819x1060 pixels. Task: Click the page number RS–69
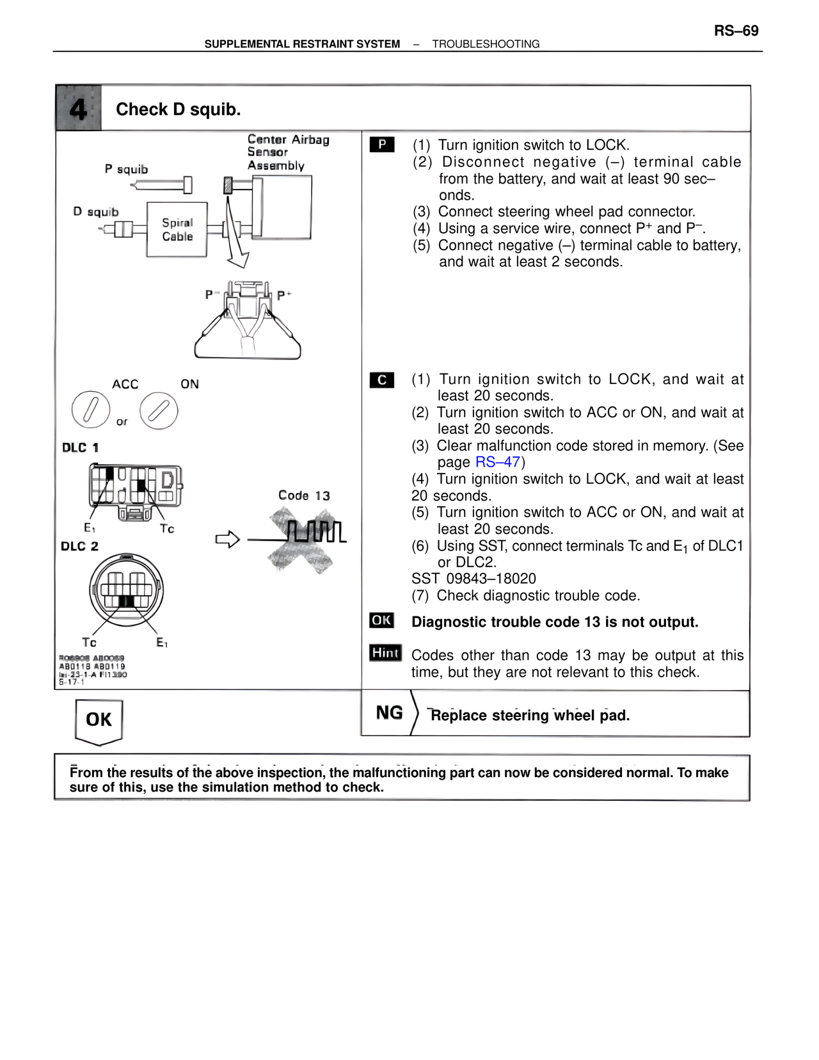click(736, 31)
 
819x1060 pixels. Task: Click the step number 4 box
click(78, 109)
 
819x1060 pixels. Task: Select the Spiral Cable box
click(177, 230)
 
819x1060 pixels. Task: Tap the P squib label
click(127, 170)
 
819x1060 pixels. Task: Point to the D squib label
click(96, 212)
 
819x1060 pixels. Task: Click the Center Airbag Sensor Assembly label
click(288, 152)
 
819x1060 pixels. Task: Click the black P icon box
click(382, 145)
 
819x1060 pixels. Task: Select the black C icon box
click(382, 380)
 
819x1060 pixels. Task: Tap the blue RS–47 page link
click(497, 462)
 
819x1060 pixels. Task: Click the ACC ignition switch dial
click(91, 410)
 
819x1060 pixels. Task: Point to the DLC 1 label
click(81, 448)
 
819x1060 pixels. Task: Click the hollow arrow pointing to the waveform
click(227, 540)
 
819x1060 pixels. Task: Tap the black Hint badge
click(385, 653)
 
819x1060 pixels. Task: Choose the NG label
click(389, 713)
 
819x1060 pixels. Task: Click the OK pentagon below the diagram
click(99, 721)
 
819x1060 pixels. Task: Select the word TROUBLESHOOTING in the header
click(486, 44)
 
